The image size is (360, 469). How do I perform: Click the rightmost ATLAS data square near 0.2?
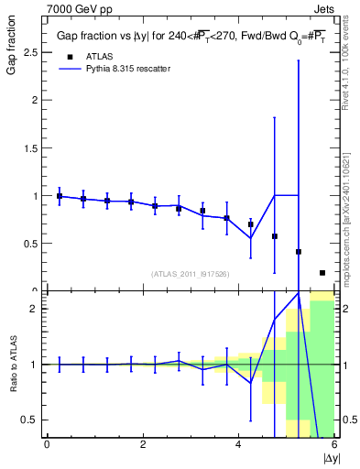pyautogui.click(x=322, y=272)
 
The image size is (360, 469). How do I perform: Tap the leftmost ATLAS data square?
pyautogui.click(x=60, y=196)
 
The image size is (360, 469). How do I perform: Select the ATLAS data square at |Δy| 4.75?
pyautogui.click(x=275, y=236)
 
